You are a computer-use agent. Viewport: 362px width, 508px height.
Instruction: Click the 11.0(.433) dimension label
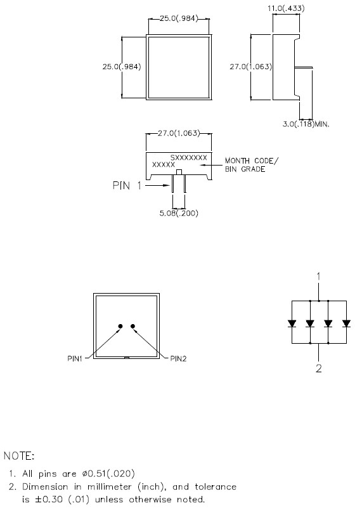click(286, 8)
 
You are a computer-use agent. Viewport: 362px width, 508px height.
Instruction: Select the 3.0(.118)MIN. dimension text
click(306, 124)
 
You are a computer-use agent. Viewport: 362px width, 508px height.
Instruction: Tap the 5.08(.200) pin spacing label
click(179, 213)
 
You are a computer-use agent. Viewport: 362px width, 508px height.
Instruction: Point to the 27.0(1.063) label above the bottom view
click(179, 133)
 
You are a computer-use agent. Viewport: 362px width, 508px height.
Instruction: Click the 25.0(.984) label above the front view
click(179, 18)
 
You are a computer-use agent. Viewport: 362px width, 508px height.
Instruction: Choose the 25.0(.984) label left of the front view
click(122, 67)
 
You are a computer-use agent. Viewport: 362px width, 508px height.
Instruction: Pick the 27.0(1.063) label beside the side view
click(251, 67)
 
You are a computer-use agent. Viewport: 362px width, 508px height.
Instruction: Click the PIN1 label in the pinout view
click(75, 359)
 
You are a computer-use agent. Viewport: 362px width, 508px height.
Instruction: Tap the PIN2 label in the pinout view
click(178, 359)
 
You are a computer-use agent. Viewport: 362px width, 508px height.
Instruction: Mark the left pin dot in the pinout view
click(120, 326)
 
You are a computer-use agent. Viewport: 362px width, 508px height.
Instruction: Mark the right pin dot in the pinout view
click(133, 326)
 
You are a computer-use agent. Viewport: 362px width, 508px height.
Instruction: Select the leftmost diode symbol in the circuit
click(292, 323)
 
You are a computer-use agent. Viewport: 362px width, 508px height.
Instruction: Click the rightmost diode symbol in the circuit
click(346, 323)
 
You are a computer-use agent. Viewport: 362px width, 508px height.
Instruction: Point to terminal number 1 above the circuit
click(319, 277)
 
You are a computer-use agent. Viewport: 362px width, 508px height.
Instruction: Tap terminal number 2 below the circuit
click(319, 368)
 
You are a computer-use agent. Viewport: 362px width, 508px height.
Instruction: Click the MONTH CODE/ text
click(252, 160)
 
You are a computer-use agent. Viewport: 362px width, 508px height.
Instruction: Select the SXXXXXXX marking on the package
click(189, 158)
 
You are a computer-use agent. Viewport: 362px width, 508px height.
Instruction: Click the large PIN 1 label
click(127, 186)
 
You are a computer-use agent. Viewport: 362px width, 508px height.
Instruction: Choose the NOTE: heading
click(19, 456)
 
